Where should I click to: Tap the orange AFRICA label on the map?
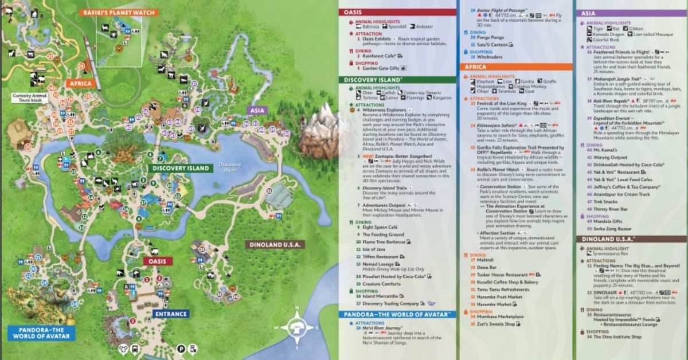81,83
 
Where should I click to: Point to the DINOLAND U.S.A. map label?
275,245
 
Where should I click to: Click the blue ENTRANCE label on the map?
170,314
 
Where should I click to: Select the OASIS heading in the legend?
357,12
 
